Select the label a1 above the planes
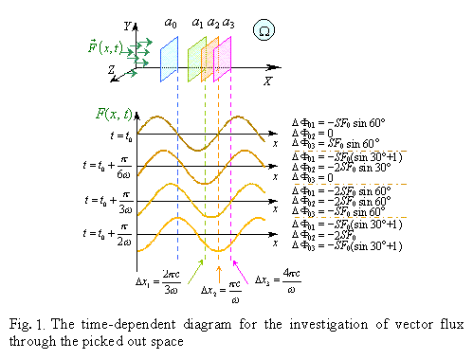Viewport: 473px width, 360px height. coord(197,21)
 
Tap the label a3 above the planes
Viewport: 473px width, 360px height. coord(228,21)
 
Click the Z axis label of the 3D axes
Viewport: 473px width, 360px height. coord(111,70)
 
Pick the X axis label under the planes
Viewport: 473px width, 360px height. coord(267,81)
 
